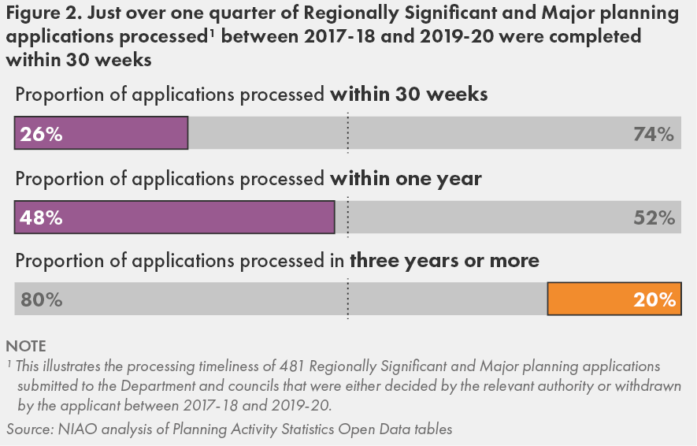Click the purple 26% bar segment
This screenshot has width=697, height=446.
point(102,133)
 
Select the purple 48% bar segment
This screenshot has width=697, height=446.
point(175,217)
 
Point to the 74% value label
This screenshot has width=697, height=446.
point(654,135)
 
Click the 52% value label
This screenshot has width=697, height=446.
point(654,218)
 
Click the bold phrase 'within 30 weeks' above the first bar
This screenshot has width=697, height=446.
point(409,95)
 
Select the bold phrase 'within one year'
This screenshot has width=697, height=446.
point(406,179)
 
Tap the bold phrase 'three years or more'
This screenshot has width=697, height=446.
point(445,261)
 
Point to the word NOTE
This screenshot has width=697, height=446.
point(26,346)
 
